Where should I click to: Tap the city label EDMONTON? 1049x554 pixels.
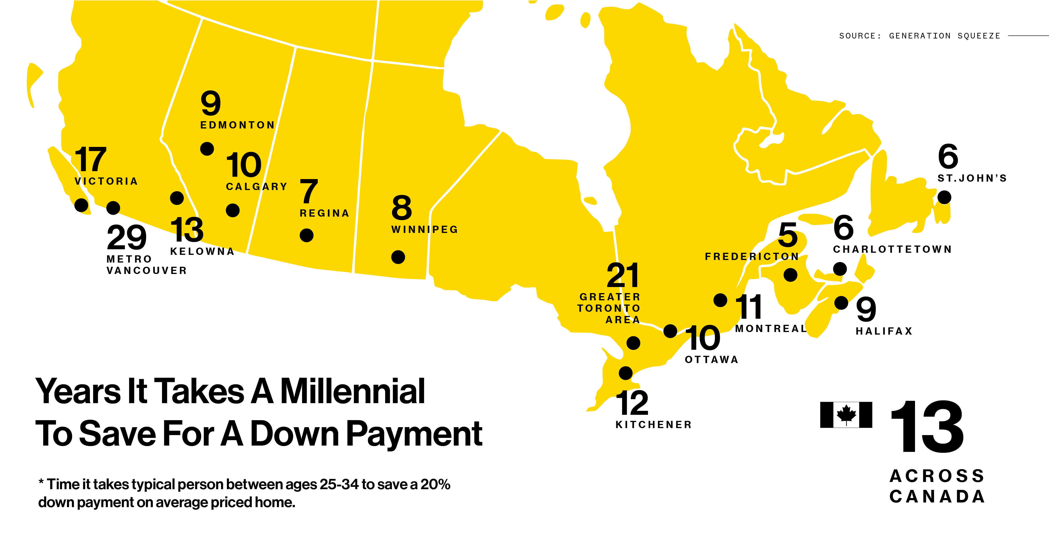coord(237,125)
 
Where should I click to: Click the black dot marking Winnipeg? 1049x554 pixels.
coord(398,257)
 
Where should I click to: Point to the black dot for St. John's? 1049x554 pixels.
coord(944,197)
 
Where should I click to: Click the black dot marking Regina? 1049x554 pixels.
coord(306,235)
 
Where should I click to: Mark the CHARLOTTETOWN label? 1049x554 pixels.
coord(892,249)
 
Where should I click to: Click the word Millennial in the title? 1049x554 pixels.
coord(352,391)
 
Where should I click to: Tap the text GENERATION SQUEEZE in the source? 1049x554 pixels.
coord(944,36)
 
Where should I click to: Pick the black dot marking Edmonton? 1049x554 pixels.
coord(207,149)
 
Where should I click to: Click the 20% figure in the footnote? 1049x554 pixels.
coord(435,485)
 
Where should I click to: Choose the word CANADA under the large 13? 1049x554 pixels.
coord(936,497)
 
